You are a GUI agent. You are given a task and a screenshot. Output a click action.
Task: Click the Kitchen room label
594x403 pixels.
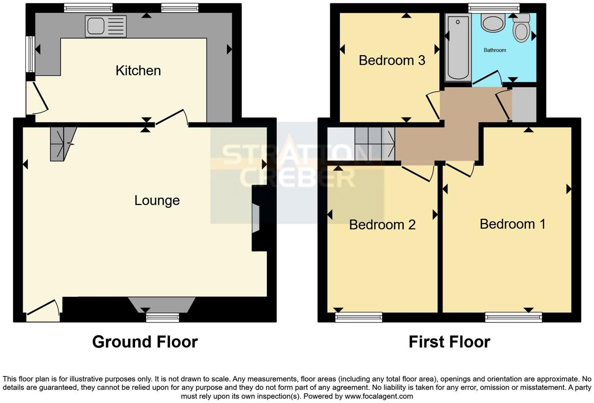click(x=138, y=71)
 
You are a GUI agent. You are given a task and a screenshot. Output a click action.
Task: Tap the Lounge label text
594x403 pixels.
click(x=157, y=200)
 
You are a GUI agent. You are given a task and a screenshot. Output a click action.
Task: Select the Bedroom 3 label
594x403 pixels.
click(x=392, y=61)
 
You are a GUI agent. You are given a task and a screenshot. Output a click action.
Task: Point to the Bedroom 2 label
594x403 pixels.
click(x=382, y=225)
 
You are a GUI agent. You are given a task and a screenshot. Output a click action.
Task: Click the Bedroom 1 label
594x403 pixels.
click(x=513, y=224)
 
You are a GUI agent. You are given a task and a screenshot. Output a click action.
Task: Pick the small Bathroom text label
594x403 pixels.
click(x=495, y=50)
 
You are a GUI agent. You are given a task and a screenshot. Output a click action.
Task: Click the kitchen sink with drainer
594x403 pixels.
click(x=106, y=26)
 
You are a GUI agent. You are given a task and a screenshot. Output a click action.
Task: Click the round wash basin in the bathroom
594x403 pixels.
click(x=492, y=22)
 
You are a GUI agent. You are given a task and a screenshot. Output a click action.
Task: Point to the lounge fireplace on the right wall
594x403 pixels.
click(x=256, y=218)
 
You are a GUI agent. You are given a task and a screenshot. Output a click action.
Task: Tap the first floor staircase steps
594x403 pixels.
click(x=375, y=144)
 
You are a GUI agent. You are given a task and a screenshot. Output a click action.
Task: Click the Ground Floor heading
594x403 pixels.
click(x=145, y=342)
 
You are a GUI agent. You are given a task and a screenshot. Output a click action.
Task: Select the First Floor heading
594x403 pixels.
click(x=449, y=342)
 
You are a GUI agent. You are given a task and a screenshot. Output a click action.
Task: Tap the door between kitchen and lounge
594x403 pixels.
click(x=172, y=117)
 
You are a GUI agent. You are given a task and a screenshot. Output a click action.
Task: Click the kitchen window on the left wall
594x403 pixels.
click(x=30, y=54)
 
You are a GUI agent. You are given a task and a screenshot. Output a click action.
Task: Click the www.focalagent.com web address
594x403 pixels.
click(x=379, y=396)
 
